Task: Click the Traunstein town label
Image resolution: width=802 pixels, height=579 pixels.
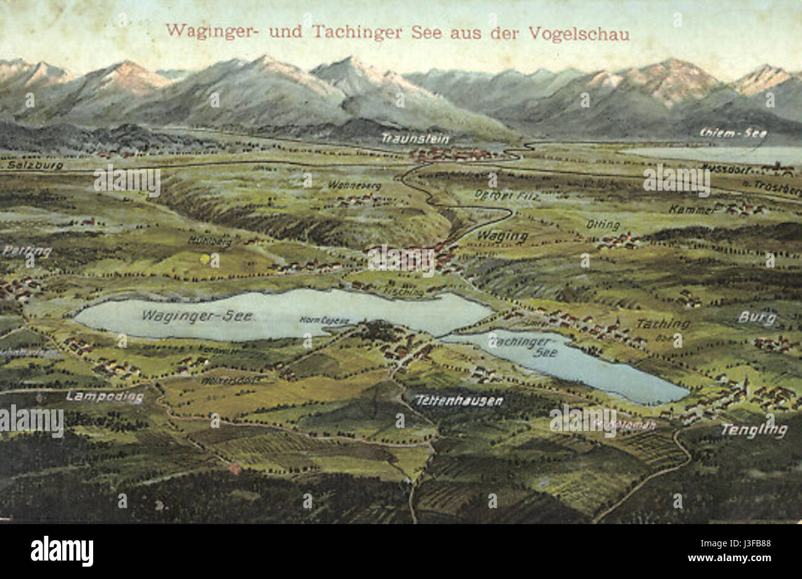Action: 415,138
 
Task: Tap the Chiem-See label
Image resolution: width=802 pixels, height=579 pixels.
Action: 725,132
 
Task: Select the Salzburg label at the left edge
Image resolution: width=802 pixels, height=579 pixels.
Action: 27,165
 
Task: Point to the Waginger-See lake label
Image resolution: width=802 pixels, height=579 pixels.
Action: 197,315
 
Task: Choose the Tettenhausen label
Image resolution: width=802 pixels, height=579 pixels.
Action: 459,400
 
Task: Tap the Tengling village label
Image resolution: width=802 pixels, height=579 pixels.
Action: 754,430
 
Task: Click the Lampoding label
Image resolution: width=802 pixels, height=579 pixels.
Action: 105,396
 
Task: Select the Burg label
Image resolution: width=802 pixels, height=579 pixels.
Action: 757,318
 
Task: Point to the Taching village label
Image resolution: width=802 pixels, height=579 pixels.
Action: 663,324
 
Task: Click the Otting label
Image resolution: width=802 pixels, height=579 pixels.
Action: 603,225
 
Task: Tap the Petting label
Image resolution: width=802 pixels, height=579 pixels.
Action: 27,250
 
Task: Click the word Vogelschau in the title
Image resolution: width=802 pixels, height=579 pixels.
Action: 579,33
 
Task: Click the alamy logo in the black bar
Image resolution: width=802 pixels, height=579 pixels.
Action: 62,551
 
